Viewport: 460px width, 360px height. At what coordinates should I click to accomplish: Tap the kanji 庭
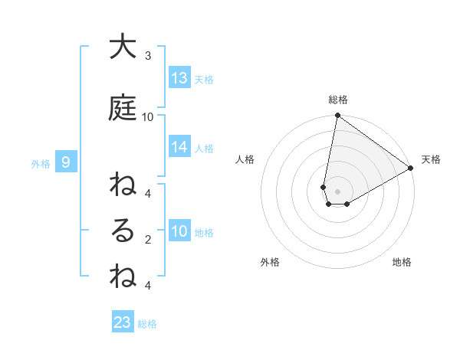coord(122,108)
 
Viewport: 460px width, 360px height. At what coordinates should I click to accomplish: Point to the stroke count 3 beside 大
coord(148,56)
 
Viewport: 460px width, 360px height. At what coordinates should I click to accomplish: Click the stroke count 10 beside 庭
coord(148,116)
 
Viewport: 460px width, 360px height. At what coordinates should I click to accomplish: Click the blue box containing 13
coord(179,77)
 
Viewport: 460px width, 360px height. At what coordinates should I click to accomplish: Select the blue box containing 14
coord(179,147)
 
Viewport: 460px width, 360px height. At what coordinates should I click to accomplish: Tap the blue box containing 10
coord(179,231)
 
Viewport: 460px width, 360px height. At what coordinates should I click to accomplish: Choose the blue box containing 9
coord(66,162)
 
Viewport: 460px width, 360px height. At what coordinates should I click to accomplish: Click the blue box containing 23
coord(123,322)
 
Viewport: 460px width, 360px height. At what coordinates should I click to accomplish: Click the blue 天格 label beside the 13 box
coord(204,79)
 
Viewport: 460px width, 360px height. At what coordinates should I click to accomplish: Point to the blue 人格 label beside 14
coord(204,149)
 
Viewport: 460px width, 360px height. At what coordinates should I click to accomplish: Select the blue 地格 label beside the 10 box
coord(204,233)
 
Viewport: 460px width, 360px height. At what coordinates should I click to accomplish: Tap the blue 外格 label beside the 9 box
coord(41,163)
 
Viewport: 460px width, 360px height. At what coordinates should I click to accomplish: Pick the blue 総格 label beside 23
coord(147,324)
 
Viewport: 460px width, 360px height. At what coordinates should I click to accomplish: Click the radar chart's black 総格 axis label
coord(338,100)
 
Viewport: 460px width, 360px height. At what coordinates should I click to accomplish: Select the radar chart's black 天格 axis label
coord(431,159)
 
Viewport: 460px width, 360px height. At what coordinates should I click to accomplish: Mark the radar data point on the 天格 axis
coord(411,169)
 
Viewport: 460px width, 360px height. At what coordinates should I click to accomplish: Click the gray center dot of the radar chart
coord(338,191)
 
